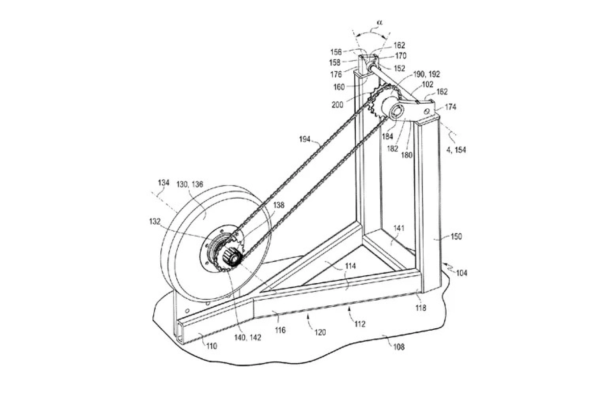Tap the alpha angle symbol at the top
(x=379, y=23)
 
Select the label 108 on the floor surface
(x=397, y=347)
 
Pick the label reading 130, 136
(x=190, y=184)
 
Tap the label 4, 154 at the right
(x=456, y=150)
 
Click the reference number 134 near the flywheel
(x=163, y=182)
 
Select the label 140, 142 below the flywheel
(x=247, y=338)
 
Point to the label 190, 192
(x=426, y=74)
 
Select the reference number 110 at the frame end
(x=211, y=346)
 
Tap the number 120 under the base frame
(x=320, y=332)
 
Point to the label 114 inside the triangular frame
(x=350, y=266)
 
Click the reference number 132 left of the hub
(x=154, y=222)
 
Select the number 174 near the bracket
(x=450, y=107)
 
